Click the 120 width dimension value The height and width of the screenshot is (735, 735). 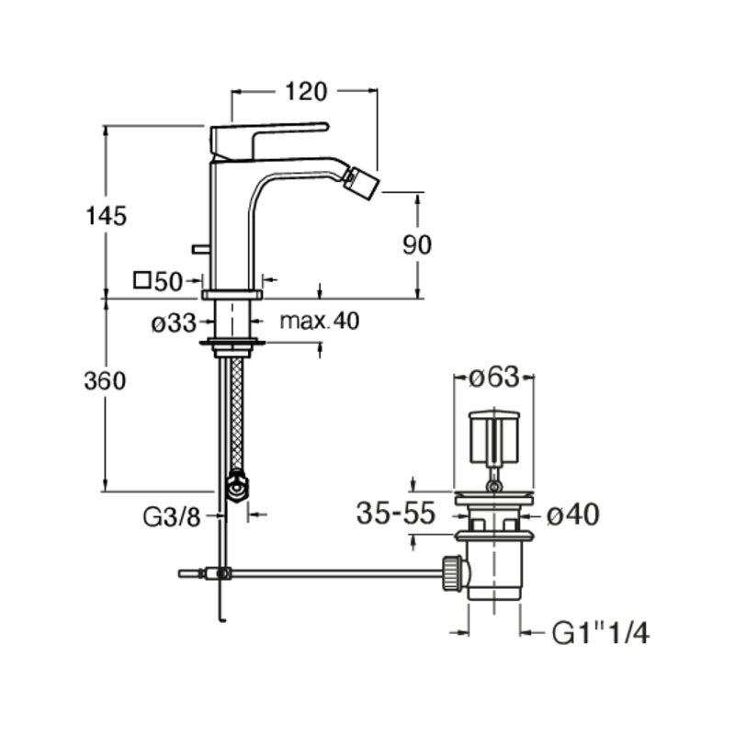(x=306, y=91)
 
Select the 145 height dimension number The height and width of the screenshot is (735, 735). (x=107, y=216)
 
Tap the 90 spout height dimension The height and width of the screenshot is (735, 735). (x=417, y=244)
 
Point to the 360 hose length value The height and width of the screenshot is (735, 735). (x=105, y=380)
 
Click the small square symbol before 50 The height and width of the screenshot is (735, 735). (x=141, y=280)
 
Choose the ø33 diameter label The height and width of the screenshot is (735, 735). (x=174, y=323)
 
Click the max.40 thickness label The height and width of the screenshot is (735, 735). (x=320, y=321)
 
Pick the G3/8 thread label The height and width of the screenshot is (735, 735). (x=172, y=517)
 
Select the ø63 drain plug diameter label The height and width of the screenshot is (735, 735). (x=494, y=377)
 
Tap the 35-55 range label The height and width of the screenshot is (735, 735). (x=396, y=513)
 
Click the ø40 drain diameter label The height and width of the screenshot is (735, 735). (x=572, y=514)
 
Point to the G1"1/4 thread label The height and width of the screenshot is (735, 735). (x=601, y=633)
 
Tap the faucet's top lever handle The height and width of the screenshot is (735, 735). (x=268, y=141)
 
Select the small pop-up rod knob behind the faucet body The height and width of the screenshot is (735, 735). (x=200, y=249)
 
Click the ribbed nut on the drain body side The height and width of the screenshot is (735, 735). (x=452, y=572)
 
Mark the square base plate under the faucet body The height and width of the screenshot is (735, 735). (x=232, y=294)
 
